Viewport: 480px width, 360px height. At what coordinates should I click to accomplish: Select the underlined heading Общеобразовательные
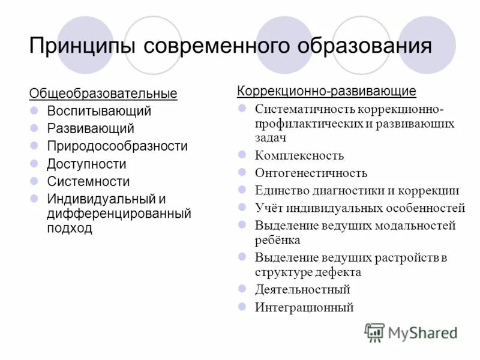[103, 94]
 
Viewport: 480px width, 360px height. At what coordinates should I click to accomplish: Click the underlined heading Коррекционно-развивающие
[326, 91]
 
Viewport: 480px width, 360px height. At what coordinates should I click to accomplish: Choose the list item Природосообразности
[117, 146]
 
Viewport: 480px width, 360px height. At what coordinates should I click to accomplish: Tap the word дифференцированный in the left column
[119, 213]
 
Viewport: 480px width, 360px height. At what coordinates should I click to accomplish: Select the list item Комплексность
[299, 156]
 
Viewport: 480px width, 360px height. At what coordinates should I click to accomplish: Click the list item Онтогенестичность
[311, 173]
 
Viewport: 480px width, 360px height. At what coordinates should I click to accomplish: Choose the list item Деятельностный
[302, 290]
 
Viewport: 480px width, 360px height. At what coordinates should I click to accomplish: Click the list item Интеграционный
[304, 308]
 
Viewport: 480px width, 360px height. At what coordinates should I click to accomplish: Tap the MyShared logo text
[422, 332]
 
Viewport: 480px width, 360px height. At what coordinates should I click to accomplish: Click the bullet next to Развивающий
[34, 128]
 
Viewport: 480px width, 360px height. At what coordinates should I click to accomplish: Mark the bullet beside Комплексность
[242, 155]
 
